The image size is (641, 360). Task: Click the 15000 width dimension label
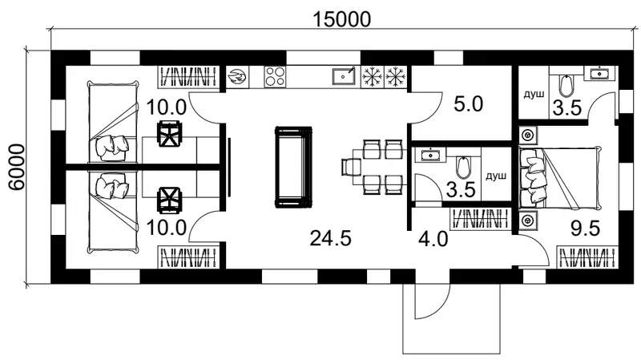coord(342,18)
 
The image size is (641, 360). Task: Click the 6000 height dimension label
coord(17,167)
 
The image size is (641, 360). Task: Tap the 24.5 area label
coord(330,238)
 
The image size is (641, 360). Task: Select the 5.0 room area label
coord(469,104)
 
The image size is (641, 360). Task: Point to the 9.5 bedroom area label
coord(585,229)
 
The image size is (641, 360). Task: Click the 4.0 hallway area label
coord(433,238)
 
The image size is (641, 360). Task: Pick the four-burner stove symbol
coord(275,77)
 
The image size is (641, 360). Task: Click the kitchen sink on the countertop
coord(344,76)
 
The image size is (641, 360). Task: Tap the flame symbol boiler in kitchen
coord(237,77)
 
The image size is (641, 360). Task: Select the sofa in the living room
coord(293,167)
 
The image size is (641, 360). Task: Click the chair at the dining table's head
coord(351,167)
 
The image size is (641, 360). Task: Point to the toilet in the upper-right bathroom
coord(566,86)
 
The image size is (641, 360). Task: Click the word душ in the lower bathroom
coord(496,176)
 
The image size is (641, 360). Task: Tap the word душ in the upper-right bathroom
coord(534,95)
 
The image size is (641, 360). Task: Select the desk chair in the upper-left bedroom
coord(169,134)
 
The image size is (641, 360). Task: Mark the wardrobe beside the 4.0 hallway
coord(480,219)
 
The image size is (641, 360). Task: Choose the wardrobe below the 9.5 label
coord(587,257)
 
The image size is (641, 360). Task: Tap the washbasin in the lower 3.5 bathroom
coord(429,155)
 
